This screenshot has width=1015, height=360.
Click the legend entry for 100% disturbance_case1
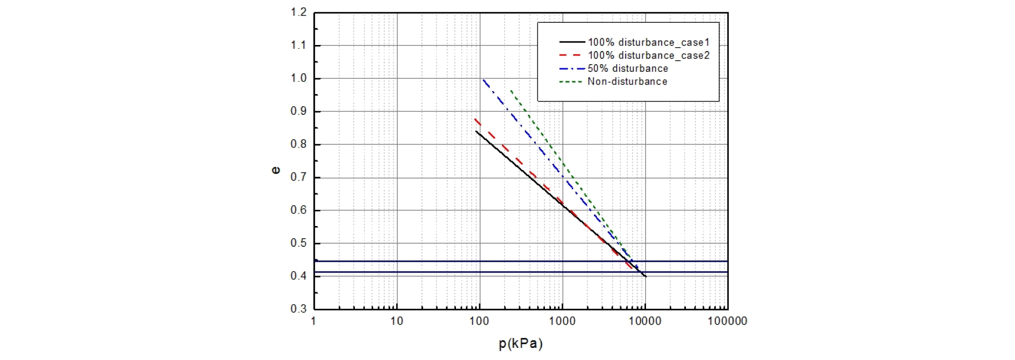point(649,42)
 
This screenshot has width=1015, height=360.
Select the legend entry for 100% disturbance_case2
point(649,56)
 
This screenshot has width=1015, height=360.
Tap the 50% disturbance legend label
point(627,69)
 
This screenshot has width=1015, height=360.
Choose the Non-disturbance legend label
point(627,82)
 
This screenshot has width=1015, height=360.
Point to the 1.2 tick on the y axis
point(299,12)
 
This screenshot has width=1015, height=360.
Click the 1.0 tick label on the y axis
point(299,78)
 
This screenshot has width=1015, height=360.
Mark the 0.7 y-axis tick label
point(299,177)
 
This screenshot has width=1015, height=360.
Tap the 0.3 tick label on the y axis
point(299,309)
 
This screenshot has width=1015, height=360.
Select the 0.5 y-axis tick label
point(299,243)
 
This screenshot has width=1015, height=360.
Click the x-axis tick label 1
point(314,321)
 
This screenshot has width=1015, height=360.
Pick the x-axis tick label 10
point(397,321)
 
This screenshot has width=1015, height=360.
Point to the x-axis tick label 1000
point(562,321)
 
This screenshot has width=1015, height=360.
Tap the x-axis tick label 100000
point(727,321)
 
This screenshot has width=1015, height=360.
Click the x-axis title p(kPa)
point(521,344)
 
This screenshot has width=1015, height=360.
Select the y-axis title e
point(276,170)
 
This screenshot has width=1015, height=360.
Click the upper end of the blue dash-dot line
point(483,79)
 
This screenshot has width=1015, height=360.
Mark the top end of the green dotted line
point(511,91)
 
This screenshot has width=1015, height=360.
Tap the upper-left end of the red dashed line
point(475,119)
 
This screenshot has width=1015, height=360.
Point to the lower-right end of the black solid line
point(646,277)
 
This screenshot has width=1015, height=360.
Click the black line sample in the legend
point(572,42)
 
